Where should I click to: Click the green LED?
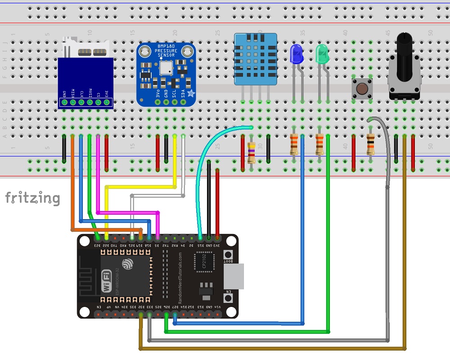pos(322,54)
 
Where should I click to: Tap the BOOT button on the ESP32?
pos(228,256)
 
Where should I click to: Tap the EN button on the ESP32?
pos(228,299)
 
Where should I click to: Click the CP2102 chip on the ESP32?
pos(203,262)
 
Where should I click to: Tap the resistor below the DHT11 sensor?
pos(252,152)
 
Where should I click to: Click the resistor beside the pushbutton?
pos(370,144)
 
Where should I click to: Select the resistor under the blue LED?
pos(294,144)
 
